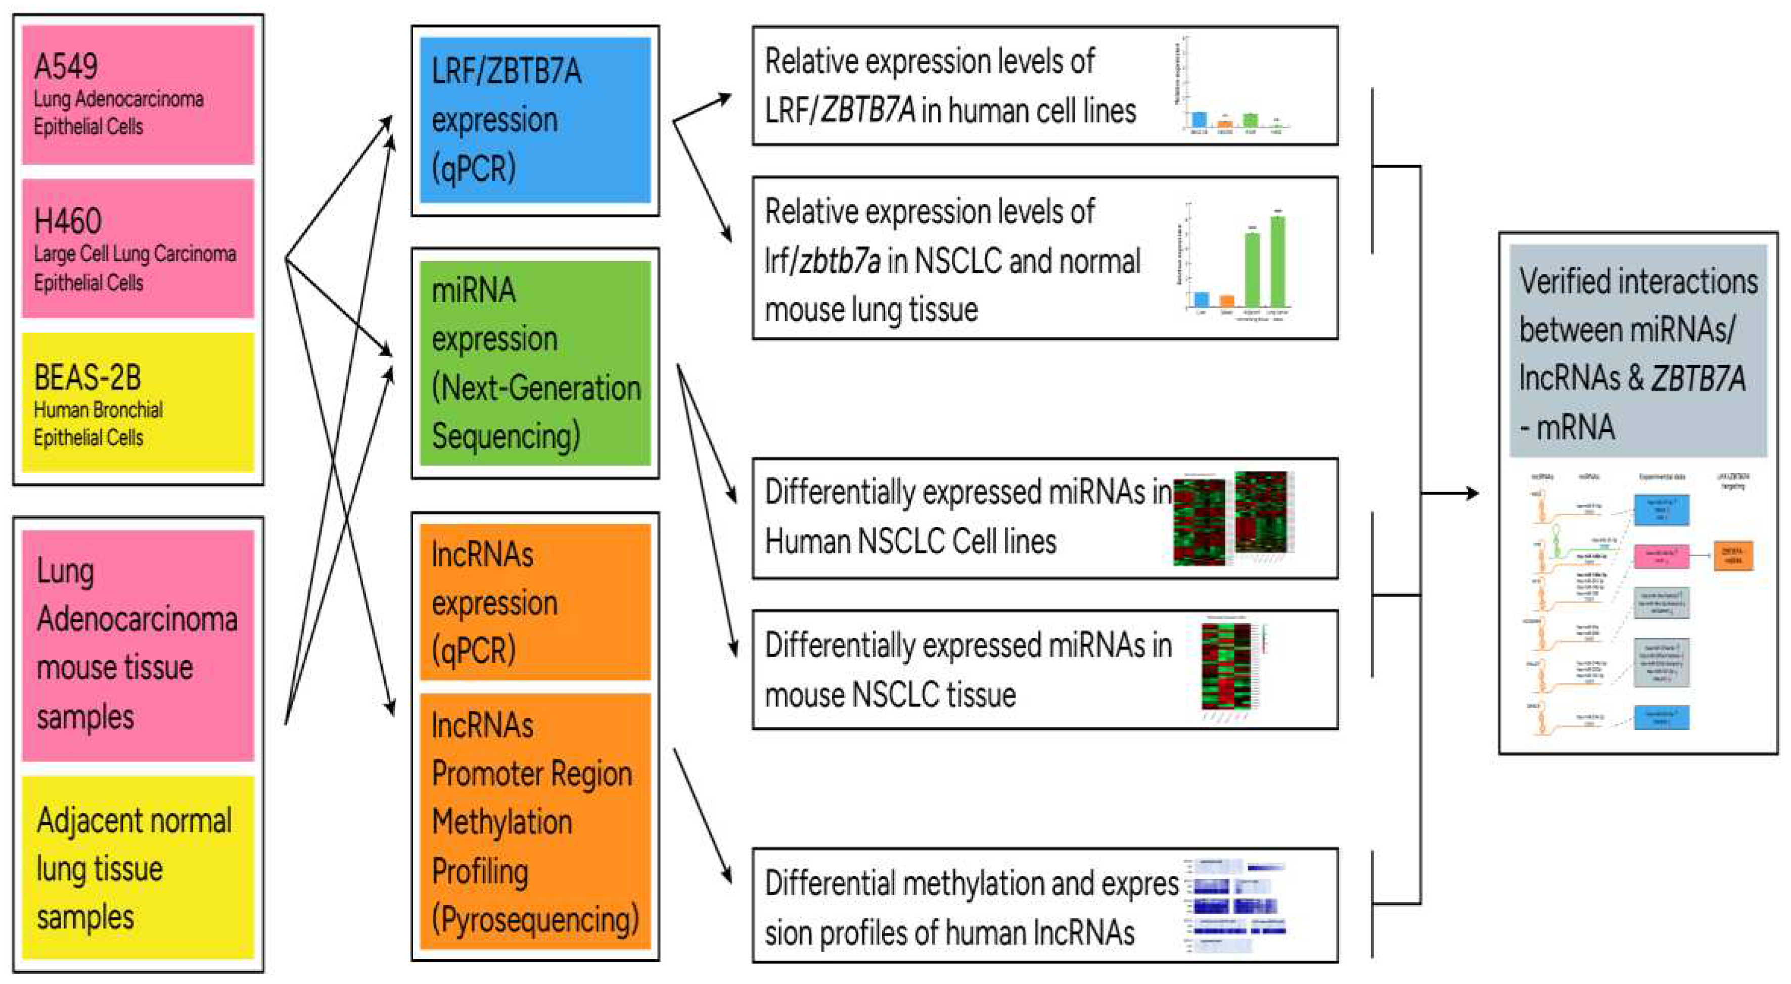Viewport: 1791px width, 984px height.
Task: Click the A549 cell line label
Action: coord(66,67)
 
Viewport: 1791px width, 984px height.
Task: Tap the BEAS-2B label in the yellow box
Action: coord(87,378)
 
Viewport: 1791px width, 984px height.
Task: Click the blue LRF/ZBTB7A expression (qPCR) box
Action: coord(535,120)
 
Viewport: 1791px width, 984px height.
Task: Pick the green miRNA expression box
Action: coord(535,363)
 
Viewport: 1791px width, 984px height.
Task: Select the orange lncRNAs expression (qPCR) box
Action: coord(535,602)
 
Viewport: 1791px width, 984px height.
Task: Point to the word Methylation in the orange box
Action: coord(502,822)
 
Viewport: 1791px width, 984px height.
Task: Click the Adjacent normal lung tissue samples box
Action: coord(137,867)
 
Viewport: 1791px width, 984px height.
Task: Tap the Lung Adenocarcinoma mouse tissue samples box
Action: coord(137,644)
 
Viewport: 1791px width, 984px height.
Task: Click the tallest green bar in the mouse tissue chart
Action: coord(1277,261)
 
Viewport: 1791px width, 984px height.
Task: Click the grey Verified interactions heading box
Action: coord(1637,352)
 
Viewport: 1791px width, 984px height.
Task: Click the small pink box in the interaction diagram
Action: coord(1660,557)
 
